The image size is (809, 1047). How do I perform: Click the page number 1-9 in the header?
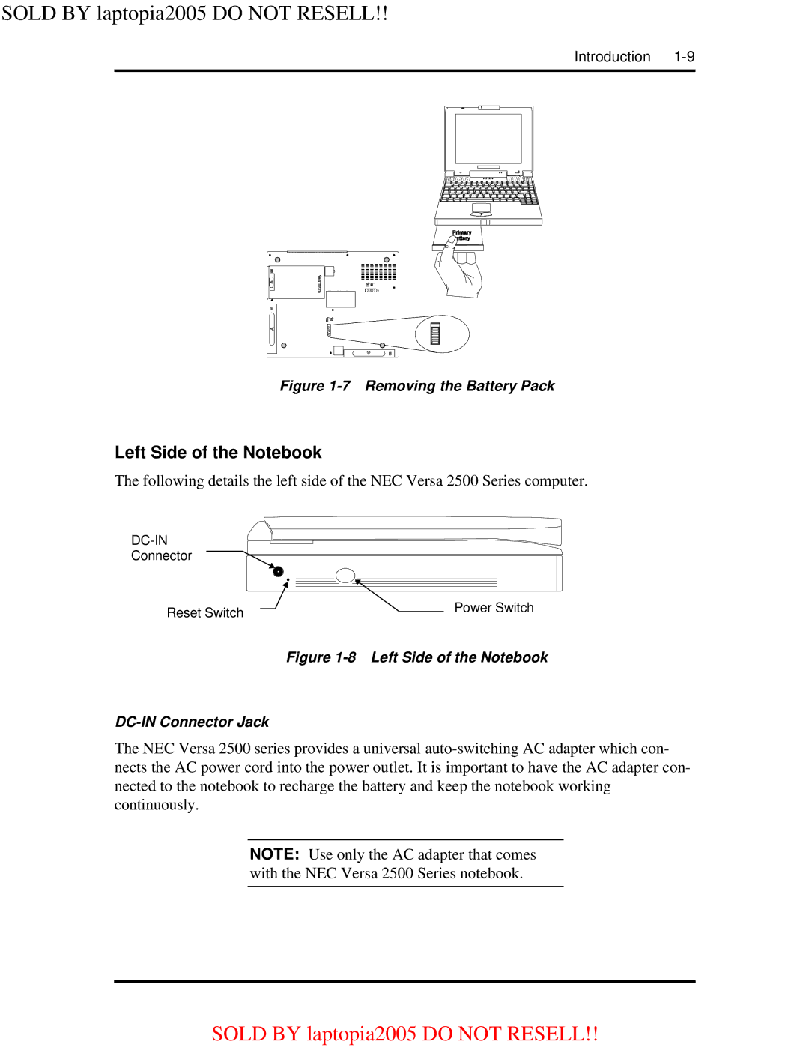point(684,57)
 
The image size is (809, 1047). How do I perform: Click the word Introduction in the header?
point(612,57)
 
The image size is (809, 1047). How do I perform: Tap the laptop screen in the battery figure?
point(488,139)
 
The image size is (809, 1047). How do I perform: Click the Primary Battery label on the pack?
point(461,235)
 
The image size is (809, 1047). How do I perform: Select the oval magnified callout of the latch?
point(442,334)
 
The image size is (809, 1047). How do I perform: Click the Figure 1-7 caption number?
point(315,386)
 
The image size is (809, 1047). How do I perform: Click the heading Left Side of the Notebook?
point(218,453)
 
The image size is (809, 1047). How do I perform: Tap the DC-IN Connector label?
point(161,548)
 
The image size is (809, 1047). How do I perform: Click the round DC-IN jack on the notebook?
point(278,571)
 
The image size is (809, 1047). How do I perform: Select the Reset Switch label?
point(204,613)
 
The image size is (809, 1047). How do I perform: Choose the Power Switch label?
point(494,608)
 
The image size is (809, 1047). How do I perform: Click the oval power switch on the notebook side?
point(345,576)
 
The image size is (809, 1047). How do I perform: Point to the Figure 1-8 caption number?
point(321,657)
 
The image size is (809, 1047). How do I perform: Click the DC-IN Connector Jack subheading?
point(192,722)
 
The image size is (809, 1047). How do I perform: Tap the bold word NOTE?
point(274,854)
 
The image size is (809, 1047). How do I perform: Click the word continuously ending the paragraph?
point(155,805)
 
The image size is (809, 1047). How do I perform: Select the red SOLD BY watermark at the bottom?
point(404,1034)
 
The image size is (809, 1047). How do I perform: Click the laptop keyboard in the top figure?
point(488,192)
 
